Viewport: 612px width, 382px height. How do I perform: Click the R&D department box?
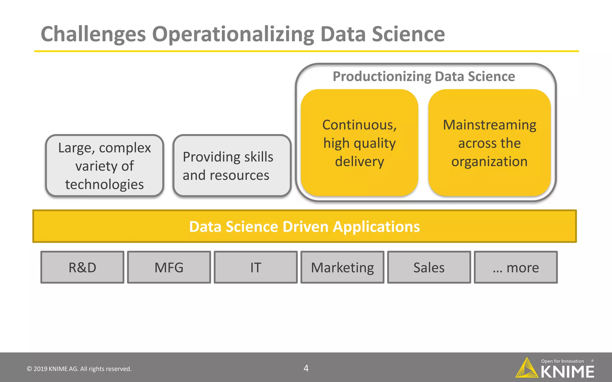pyautogui.click(x=82, y=267)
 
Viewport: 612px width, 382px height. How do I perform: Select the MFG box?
pyautogui.click(x=169, y=267)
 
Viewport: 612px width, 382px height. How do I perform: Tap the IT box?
pyautogui.click(x=255, y=267)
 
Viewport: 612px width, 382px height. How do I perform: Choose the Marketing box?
pyautogui.click(x=342, y=267)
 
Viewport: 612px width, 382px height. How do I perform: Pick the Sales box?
pyautogui.click(x=429, y=267)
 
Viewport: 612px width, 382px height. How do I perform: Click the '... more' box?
pyautogui.click(x=515, y=267)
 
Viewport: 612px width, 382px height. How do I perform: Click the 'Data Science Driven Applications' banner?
pyautogui.click(x=305, y=226)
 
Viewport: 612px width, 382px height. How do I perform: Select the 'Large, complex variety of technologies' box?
pyautogui.click(x=105, y=166)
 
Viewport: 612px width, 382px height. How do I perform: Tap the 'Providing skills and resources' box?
pyautogui.click(x=232, y=166)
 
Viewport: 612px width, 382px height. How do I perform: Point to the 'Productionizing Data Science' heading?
pyautogui.click(x=424, y=76)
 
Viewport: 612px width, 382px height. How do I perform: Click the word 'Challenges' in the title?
pyautogui.click(x=93, y=34)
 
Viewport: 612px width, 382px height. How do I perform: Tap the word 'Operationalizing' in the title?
pyautogui.click(x=233, y=34)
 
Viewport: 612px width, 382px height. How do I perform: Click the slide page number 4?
pyautogui.click(x=306, y=368)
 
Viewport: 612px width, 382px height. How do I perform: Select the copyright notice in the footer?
pyautogui.click(x=79, y=369)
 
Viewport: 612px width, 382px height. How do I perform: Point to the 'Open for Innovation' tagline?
pyautogui.click(x=562, y=361)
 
